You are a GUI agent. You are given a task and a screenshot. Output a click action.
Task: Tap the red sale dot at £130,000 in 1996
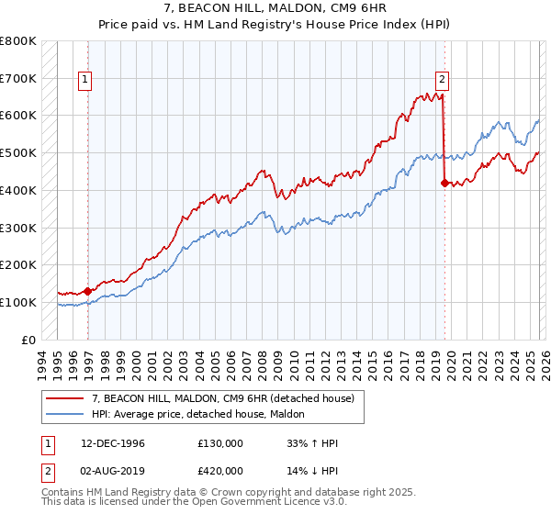click(88, 291)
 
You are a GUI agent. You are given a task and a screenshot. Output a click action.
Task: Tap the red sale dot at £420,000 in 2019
click(444, 183)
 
